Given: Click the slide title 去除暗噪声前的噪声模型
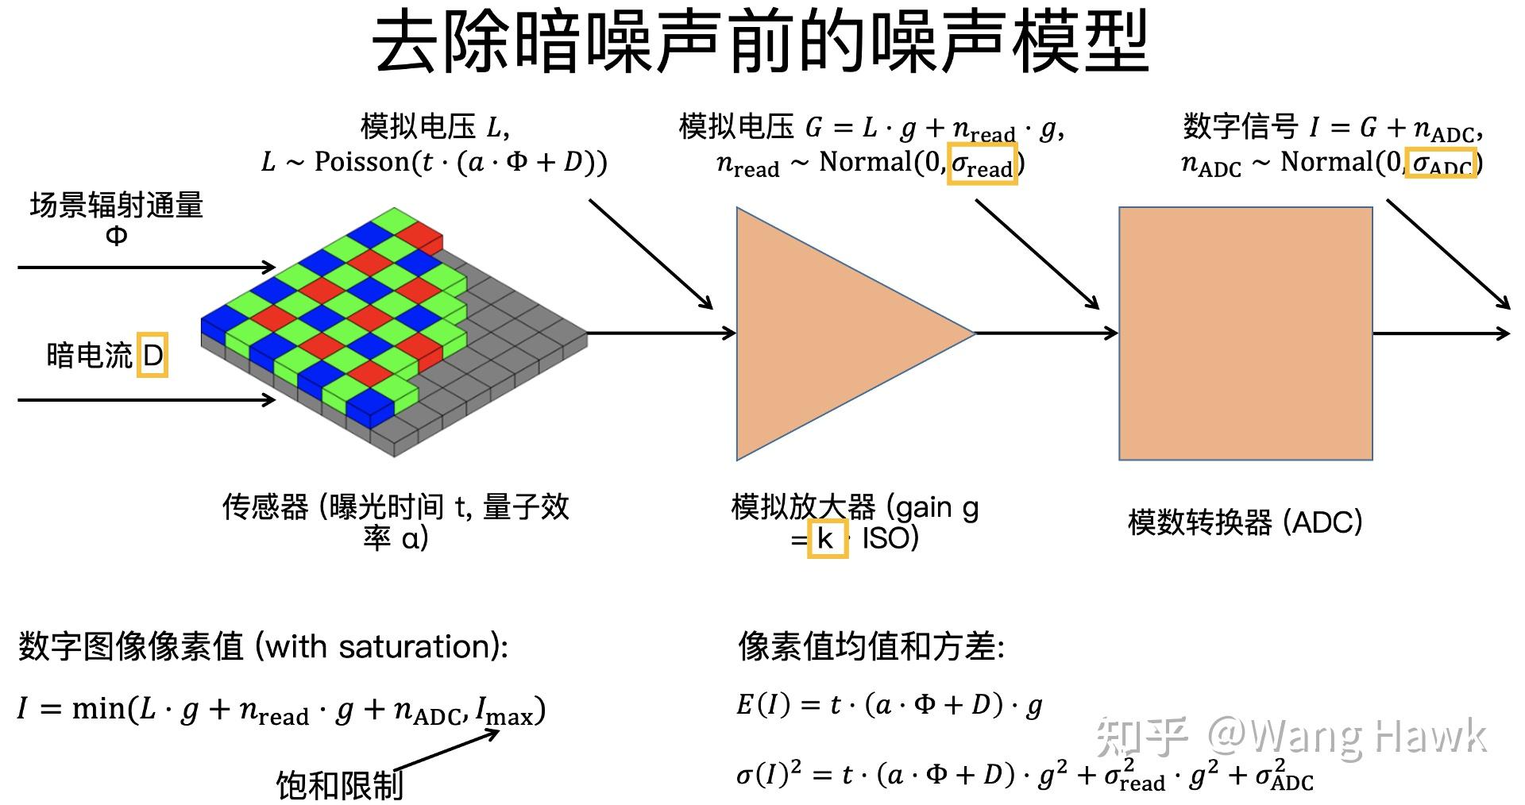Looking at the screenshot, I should pyautogui.click(x=761, y=44).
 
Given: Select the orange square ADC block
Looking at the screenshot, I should pyautogui.click(x=1245, y=333).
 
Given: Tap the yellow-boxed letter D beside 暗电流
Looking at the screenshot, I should pyautogui.click(x=152, y=355).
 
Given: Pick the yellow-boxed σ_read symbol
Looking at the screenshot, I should pyautogui.click(x=983, y=164).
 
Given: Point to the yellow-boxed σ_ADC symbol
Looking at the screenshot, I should pyautogui.click(x=1441, y=164).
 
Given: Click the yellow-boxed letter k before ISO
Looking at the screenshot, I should pyautogui.click(x=827, y=538).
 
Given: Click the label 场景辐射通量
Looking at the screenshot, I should pyautogui.click(x=117, y=206).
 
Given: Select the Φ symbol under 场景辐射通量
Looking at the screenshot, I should pyautogui.click(x=117, y=236).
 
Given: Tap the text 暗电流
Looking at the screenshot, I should pyautogui.click(x=89, y=355).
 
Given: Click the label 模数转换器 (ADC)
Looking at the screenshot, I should pyautogui.click(x=1245, y=522).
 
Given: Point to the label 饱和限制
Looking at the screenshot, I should pyautogui.click(x=339, y=785).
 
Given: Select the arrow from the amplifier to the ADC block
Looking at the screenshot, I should pyautogui.click(x=1045, y=333).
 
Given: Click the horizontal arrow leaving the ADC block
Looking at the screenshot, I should pyautogui.click(x=1439, y=333).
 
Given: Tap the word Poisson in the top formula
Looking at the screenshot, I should pyautogui.click(x=362, y=163).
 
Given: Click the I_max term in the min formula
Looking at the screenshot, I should pyautogui.click(x=504, y=711).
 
